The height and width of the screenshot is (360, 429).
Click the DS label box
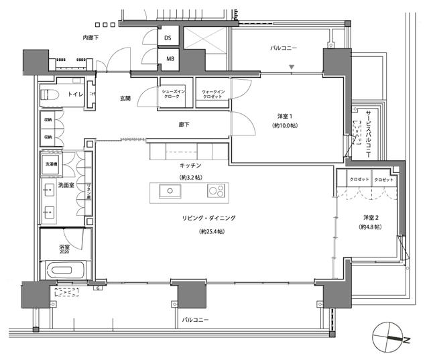168,39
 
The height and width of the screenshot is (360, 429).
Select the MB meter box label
168,60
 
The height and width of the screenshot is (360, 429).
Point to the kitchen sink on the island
169,192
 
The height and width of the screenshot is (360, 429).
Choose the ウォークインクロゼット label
212,94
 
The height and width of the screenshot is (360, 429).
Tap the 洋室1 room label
285,115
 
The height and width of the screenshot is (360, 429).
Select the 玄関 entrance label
125,99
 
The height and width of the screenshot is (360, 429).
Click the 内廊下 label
90,38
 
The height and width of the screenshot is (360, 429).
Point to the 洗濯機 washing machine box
52,164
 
